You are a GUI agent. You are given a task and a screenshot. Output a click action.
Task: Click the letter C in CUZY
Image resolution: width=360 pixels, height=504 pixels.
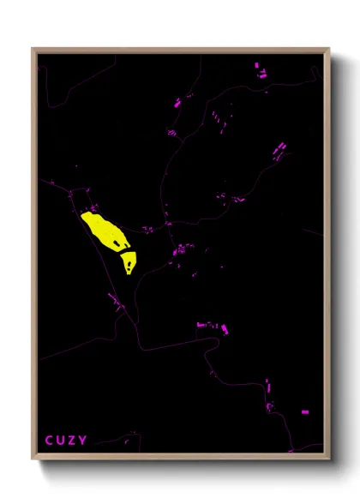[49, 441]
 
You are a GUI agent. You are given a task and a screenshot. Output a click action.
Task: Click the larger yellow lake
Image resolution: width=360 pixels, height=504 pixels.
[102, 230]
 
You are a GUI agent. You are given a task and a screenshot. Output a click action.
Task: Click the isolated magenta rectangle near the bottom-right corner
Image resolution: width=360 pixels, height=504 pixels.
[305, 412]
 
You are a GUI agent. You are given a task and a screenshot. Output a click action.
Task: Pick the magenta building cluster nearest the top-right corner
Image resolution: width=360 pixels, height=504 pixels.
[260, 71]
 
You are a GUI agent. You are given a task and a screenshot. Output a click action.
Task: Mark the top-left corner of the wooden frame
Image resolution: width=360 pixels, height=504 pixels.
[33, 49]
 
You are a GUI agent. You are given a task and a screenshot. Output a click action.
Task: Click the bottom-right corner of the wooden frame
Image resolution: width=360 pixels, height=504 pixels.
[329, 458]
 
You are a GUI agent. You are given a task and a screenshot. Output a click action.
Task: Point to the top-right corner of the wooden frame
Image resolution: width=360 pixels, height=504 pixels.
[329, 49]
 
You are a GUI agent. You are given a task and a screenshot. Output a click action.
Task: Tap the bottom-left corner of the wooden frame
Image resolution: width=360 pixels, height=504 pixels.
[33, 458]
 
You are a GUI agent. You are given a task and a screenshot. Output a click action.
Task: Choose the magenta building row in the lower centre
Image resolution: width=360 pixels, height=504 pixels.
[212, 327]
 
